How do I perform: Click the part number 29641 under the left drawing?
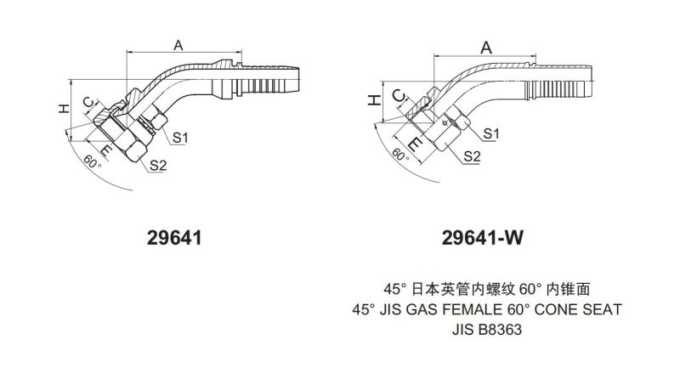[174, 239]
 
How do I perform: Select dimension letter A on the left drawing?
[178, 45]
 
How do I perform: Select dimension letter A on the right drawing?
[486, 48]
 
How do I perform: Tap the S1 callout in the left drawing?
[180, 136]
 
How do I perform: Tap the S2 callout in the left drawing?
[158, 164]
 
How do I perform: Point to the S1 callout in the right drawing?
[490, 133]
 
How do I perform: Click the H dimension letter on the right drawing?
[371, 101]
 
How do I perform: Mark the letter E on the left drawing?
[106, 150]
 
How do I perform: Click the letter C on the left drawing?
[88, 105]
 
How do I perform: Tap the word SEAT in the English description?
[603, 308]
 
